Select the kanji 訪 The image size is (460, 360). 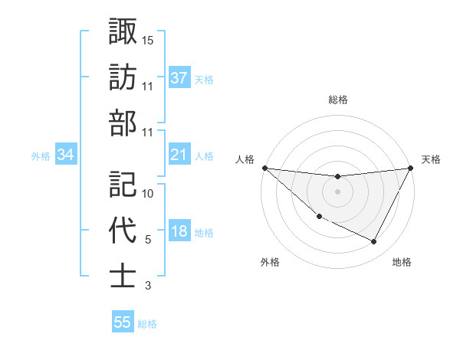123,77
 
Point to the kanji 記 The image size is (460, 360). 123,184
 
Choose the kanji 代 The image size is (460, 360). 123,231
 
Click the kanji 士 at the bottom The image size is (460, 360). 123,277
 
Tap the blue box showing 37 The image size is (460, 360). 179,78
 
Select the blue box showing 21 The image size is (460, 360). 179,155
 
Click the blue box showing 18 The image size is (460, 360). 179,232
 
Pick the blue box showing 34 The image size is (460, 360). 65,155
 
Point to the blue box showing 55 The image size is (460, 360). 123,322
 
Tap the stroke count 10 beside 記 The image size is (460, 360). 148,193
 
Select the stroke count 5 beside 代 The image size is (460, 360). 147,240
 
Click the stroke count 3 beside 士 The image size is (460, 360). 147,286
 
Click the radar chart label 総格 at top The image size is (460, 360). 337,100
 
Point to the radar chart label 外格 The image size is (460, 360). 270,262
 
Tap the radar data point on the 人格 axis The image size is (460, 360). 264,167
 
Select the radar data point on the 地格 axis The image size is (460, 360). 374,242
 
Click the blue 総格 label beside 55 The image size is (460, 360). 147,323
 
